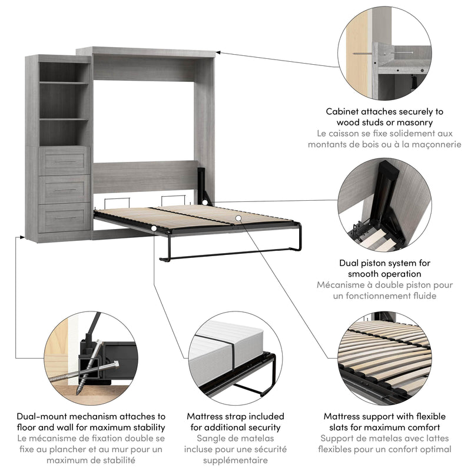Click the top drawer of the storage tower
(x=65, y=161)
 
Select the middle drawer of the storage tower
(x=65, y=189)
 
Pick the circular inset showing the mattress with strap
(x=235, y=353)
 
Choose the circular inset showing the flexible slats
(x=386, y=353)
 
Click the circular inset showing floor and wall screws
(x=88, y=353)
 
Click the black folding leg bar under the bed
(x=230, y=254)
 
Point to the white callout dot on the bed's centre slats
(x=238, y=218)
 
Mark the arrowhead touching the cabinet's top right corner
(x=218, y=53)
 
